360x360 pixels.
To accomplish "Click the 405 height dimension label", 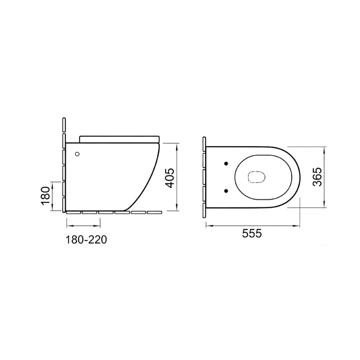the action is click(170, 178).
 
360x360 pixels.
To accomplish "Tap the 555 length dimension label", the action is click(252, 234).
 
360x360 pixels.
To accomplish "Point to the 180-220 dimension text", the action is click(86, 240).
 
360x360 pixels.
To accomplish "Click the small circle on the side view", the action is click(77, 154).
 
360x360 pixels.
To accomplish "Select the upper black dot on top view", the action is click(226, 164).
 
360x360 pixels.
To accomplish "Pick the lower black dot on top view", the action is click(226, 190).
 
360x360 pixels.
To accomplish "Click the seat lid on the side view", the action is click(119, 139).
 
